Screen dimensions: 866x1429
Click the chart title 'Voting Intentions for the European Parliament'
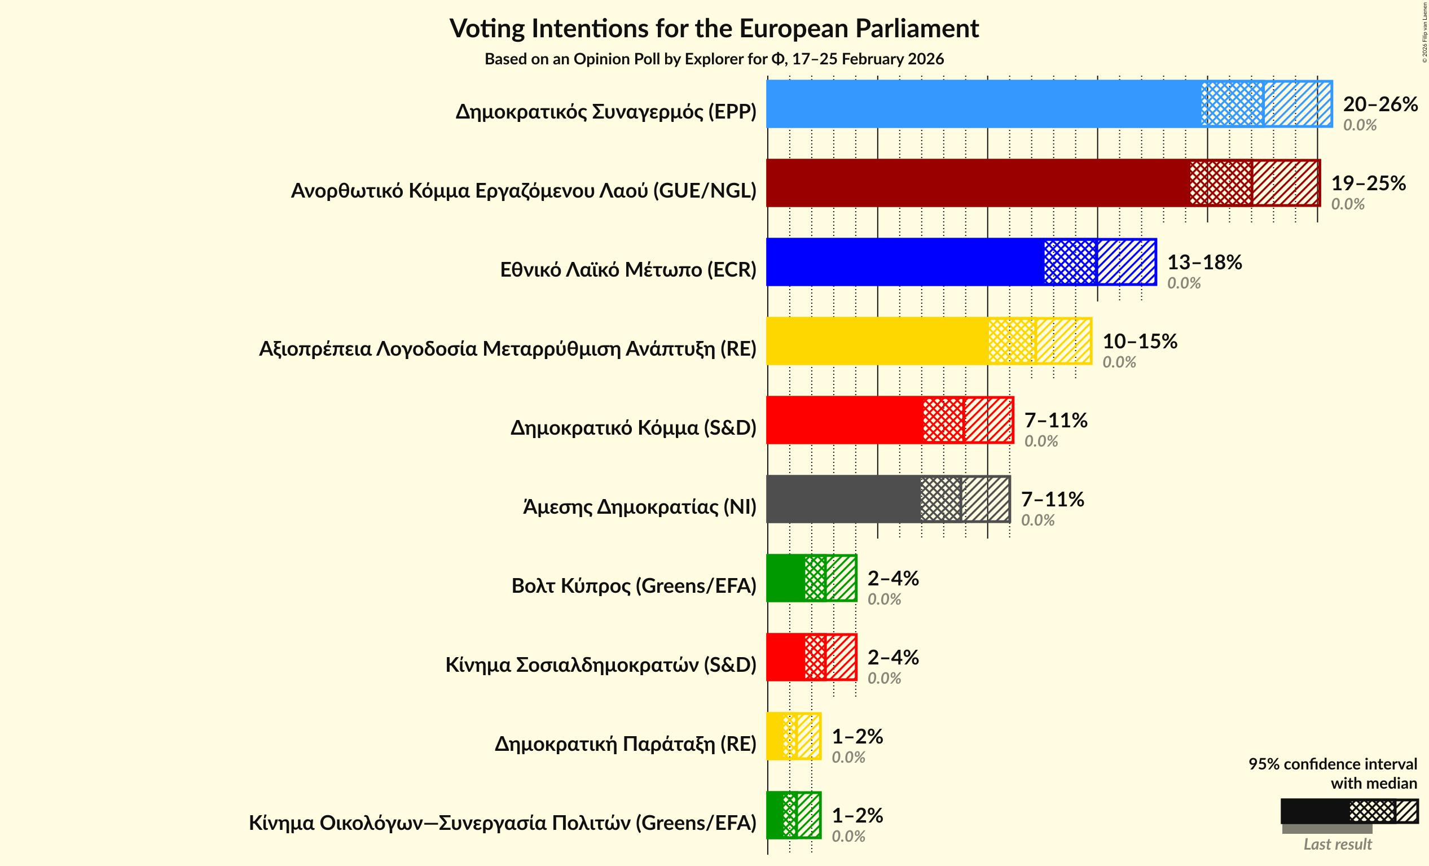(714, 29)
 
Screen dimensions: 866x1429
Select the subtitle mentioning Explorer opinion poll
(714, 59)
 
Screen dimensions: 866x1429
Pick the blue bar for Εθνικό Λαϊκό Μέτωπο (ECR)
(905, 262)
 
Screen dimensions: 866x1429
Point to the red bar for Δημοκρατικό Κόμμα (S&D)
(845, 420)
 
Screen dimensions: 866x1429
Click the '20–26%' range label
(1380, 104)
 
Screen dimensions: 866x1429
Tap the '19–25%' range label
(1368, 183)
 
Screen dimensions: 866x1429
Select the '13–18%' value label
(1204, 263)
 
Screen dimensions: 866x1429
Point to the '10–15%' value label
(1140, 342)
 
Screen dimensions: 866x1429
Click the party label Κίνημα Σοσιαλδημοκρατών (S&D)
(601, 664)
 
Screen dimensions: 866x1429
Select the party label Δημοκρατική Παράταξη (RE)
(625, 743)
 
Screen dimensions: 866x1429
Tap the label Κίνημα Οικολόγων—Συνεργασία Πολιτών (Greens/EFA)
(502, 823)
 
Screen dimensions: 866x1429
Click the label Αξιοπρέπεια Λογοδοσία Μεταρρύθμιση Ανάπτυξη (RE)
(508, 349)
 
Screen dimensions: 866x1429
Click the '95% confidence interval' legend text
(1332, 764)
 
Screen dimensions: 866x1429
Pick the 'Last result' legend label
(1338, 845)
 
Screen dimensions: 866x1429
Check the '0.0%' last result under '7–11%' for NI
(1037, 520)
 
